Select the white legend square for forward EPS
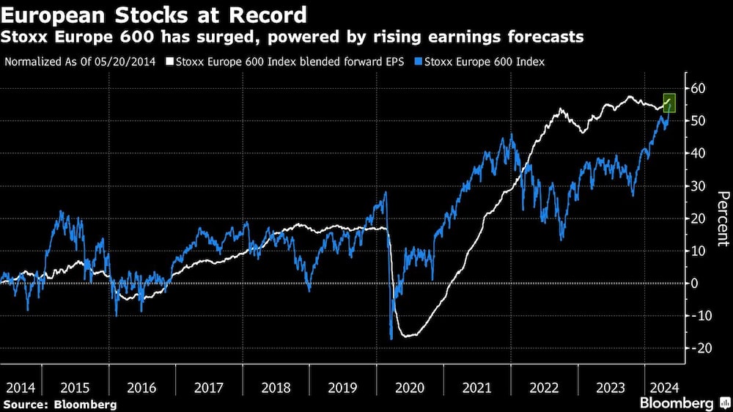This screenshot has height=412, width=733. [169, 62]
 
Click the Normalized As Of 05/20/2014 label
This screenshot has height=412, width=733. [81, 62]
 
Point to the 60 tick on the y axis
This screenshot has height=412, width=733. [698, 89]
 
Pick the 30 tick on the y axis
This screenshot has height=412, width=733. [698, 186]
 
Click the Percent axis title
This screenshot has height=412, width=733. [722, 218]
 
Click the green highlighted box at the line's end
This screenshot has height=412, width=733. [668, 102]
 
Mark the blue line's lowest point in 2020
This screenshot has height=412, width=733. [391, 339]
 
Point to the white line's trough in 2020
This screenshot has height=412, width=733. [408, 336]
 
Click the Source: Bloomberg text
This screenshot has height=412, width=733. [60, 404]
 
